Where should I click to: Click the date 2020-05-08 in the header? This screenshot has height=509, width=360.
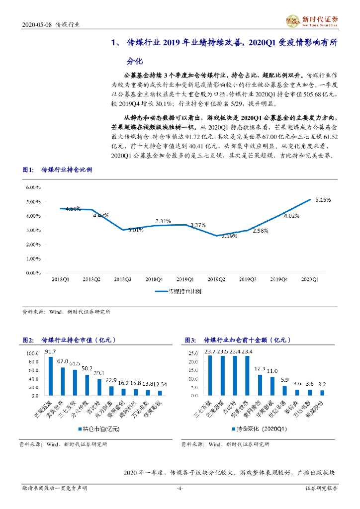(37, 24)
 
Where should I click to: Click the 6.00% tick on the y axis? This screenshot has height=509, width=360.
(33, 187)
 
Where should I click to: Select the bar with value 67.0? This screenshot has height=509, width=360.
(63, 381)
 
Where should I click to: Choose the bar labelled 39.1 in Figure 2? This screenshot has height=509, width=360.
(99, 387)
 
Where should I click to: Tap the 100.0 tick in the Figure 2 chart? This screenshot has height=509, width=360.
(32, 353)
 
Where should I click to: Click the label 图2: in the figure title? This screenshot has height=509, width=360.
(28, 340)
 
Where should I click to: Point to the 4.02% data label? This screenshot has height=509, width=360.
(291, 216)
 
